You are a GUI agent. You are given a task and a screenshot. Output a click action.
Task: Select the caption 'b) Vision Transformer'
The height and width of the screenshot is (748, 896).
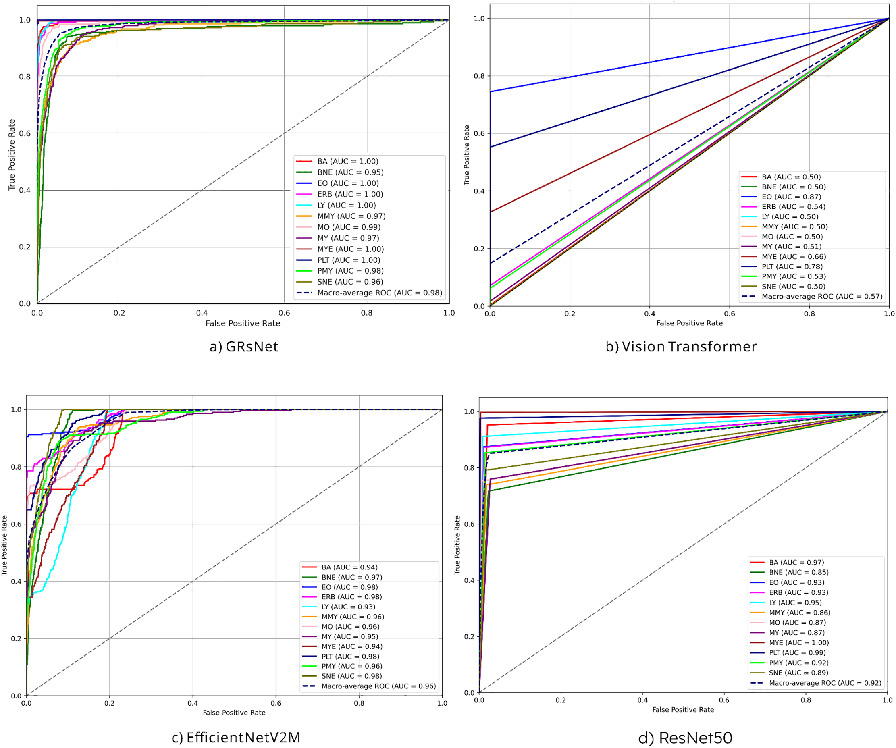(681, 347)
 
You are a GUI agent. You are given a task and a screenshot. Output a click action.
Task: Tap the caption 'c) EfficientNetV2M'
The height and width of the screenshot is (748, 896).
(236, 738)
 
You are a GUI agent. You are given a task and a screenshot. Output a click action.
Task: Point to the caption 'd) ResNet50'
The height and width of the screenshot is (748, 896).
(685, 738)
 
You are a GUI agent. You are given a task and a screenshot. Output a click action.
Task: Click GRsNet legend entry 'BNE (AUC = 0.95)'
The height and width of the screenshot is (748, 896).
(350, 172)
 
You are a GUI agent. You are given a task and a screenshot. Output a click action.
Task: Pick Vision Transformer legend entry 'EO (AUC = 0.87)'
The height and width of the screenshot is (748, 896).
(791, 197)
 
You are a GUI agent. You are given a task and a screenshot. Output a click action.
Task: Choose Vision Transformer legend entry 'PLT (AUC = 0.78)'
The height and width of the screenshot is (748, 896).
(792, 267)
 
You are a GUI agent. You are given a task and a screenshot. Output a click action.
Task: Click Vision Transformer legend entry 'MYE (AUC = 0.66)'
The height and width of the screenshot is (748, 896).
(794, 256)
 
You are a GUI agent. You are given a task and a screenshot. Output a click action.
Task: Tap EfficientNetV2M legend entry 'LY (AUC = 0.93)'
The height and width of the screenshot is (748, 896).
(348, 607)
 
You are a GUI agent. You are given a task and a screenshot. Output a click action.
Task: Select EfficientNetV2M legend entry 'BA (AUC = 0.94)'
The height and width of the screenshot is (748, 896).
(349, 567)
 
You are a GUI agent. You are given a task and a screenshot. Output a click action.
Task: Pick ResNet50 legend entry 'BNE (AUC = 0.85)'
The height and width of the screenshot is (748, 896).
(799, 572)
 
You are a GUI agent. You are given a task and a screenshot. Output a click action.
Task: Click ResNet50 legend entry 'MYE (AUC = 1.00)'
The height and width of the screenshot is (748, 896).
(799, 642)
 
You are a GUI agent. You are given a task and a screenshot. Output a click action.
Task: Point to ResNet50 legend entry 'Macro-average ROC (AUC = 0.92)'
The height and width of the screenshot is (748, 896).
(825, 683)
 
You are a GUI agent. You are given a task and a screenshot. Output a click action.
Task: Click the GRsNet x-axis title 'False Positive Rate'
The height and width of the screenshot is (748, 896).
(243, 324)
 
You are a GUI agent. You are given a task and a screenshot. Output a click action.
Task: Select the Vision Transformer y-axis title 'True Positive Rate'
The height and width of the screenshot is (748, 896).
(467, 155)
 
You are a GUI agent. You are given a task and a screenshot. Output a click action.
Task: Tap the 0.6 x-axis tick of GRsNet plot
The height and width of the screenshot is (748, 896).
(284, 313)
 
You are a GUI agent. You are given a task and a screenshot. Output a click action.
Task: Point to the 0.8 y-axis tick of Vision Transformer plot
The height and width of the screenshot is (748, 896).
(479, 76)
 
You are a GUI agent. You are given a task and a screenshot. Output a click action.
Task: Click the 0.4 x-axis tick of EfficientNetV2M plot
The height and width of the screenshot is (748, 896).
(192, 703)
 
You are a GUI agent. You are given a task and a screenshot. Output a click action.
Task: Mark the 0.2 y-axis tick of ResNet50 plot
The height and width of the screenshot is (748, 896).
(469, 637)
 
